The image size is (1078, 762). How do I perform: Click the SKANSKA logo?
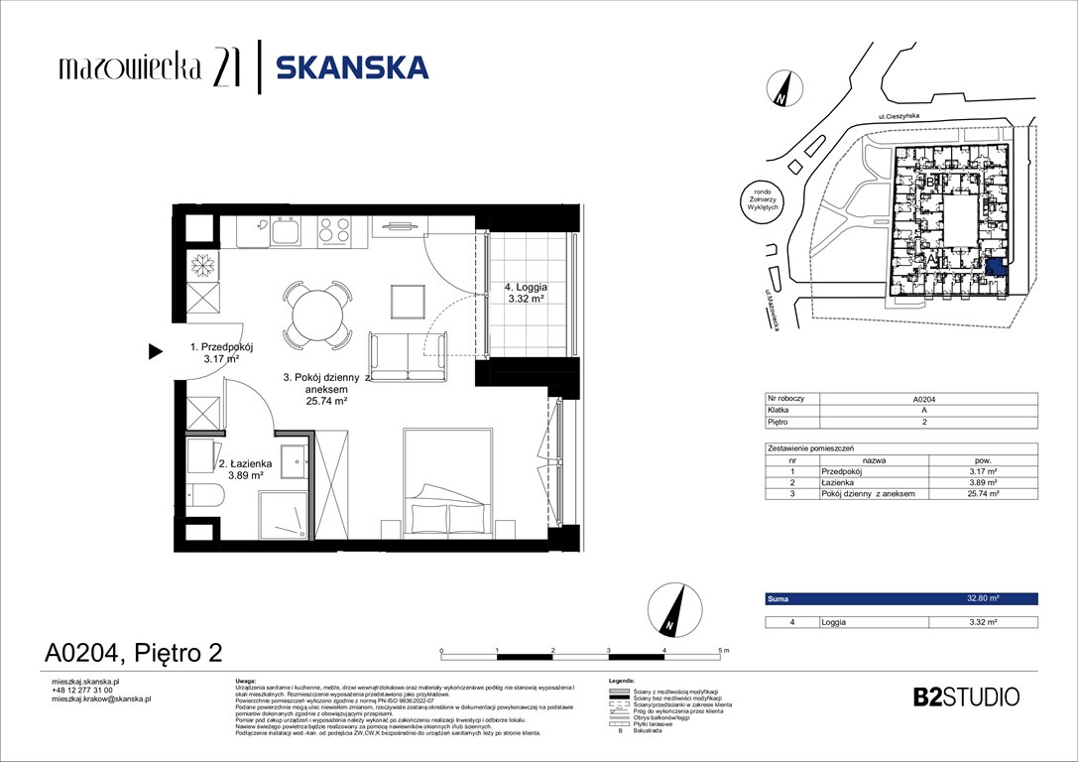click(x=352, y=67)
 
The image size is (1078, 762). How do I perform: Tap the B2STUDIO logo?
click(x=965, y=697)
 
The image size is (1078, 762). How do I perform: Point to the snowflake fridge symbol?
click(x=203, y=265)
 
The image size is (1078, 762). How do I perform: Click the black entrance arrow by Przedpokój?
click(x=155, y=350)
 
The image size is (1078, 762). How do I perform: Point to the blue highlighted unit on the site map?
click(x=994, y=268)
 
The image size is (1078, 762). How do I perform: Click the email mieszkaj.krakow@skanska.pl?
click(x=100, y=699)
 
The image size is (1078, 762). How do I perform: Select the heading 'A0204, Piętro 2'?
click(x=133, y=652)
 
